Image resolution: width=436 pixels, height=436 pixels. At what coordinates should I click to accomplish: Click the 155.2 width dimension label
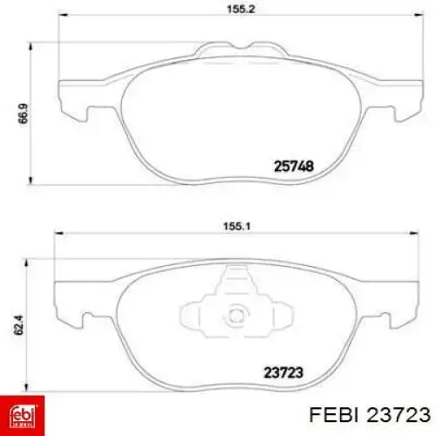pyautogui.click(x=241, y=9)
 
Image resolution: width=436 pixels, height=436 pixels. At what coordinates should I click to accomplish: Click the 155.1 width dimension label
pyautogui.click(x=236, y=226)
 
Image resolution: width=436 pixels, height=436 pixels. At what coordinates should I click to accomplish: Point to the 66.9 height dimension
pyautogui.click(x=24, y=113)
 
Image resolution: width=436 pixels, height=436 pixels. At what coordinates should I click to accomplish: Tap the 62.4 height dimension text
pyautogui.click(x=18, y=325)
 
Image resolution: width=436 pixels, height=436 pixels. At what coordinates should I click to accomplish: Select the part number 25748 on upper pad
pyautogui.click(x=294, y=167)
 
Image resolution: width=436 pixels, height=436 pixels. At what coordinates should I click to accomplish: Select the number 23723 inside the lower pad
pyautogui.click(x=283, y=372)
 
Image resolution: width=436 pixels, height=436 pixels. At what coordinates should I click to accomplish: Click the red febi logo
pyautogui.click(x=22, y=416)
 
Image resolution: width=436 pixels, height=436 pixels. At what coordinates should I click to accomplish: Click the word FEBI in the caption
pyautogui.click(x=333, y=414)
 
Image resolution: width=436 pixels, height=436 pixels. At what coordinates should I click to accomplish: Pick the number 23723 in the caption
pyautogui.click(x=399, y=414)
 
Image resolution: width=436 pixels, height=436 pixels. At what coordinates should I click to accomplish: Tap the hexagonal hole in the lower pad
pyautogui.click(x=236, y=316)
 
